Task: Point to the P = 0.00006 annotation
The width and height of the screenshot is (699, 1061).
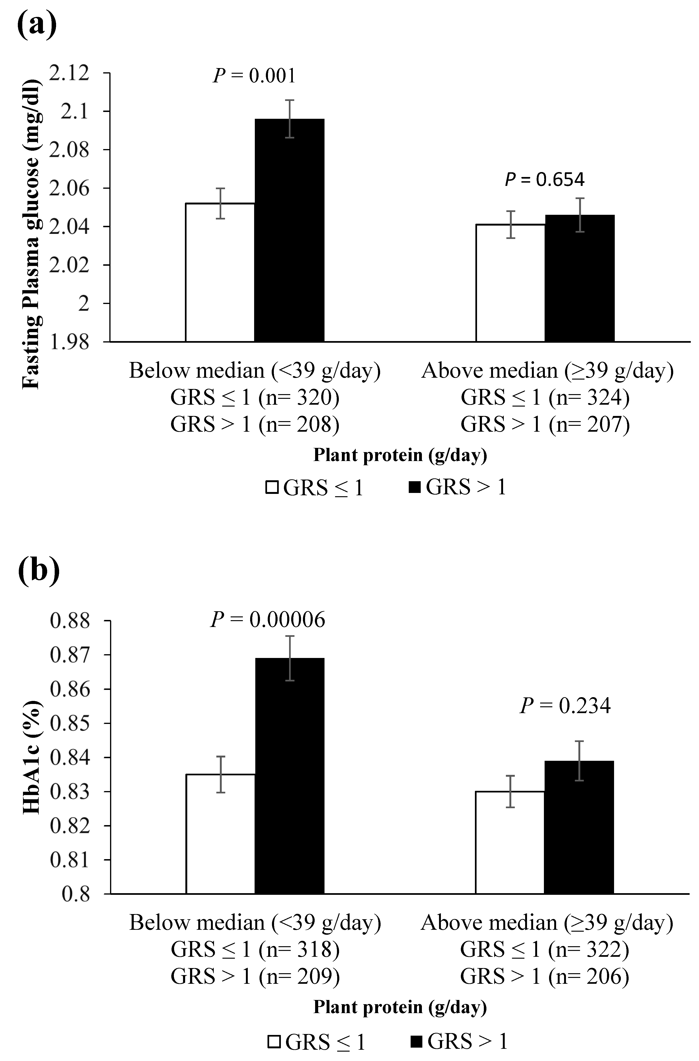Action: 267,619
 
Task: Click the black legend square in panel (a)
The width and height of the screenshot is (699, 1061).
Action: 415,487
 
